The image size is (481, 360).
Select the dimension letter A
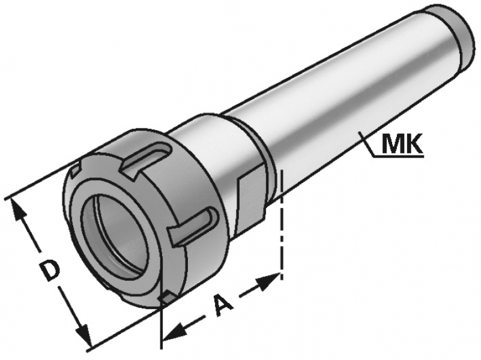223,304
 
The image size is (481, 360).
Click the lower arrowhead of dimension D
83,334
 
